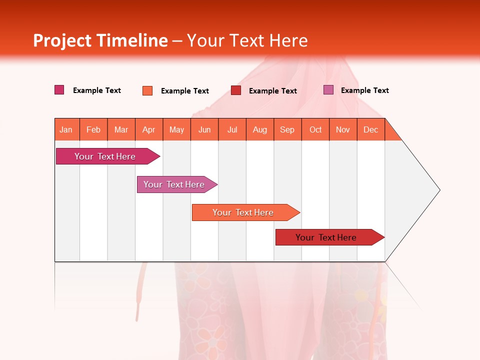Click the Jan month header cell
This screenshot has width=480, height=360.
(x=66, y=129)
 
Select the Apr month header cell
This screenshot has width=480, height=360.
(x=149, y=129)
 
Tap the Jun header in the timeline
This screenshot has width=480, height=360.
(x=204, y=129)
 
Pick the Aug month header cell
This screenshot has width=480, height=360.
(x=260, y=129)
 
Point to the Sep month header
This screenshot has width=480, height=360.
(x=287, y=129)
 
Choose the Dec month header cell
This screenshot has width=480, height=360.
(x=371, y=129)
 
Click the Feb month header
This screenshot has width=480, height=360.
(x=93, y=129)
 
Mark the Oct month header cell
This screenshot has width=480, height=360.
(x=315, y=129)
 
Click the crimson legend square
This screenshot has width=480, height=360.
(x=59, y=90)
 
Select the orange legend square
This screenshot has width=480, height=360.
(x=147, y=90)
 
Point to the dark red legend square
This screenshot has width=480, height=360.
(x=236, y=90)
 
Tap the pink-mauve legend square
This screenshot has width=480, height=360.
(x=328, y=90)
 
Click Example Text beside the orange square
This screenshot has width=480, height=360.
(x=185, y=91)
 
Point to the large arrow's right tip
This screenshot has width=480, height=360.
(x=438, y=190)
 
